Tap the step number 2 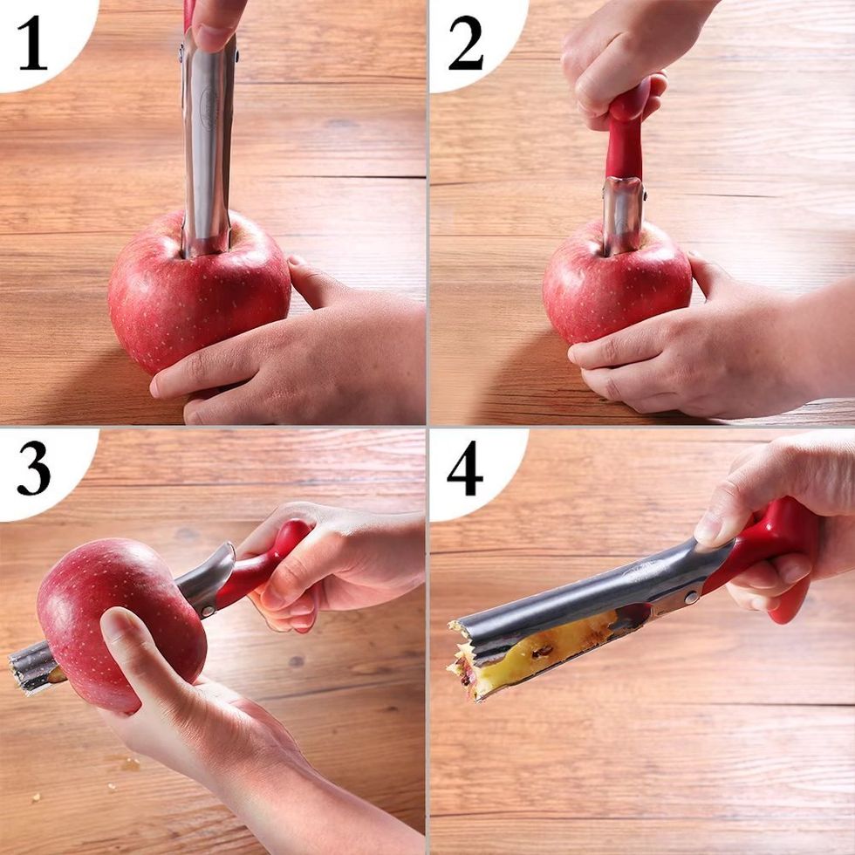point(466,43)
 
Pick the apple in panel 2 point(616,284)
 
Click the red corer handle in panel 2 point(627,136)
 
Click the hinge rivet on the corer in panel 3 point(208,610)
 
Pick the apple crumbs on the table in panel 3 point(129,764)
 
